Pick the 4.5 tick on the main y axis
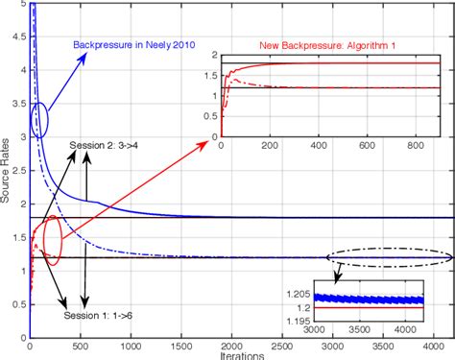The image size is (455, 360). coord(18,38)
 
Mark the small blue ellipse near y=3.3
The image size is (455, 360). coord(39,121)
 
